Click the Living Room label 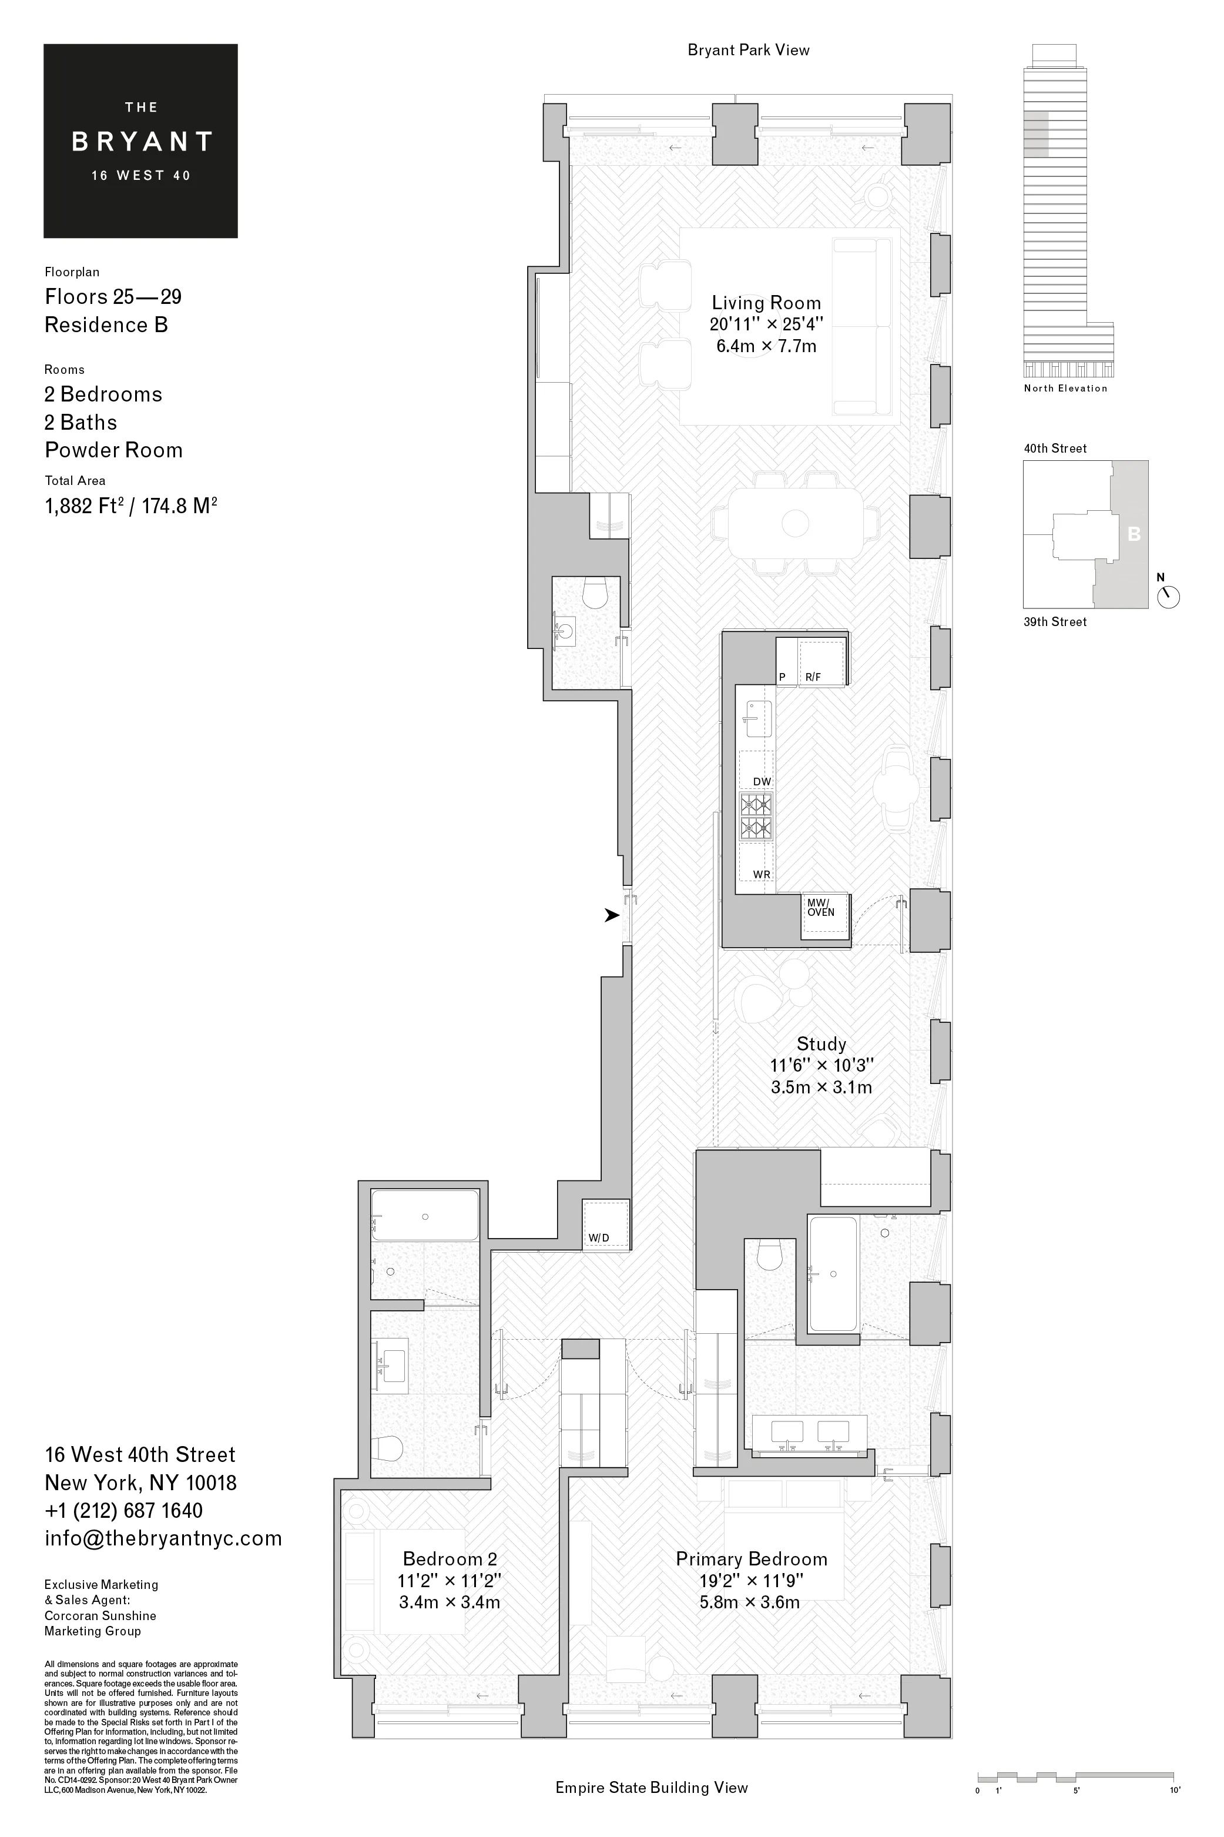[x=766, y=303]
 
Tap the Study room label [x=821, y=1044]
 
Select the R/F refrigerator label [x=813, y=677]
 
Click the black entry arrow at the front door [x=611, y=915]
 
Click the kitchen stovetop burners [x=756, y=816]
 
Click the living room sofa [x=862, y=326]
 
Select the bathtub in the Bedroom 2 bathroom [x=425, y=1216]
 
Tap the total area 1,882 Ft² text [x=130, y=506]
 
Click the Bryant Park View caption [x=748, y=50]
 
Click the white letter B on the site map [x=1134, y=534]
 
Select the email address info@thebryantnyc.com [x=163, y=1538]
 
